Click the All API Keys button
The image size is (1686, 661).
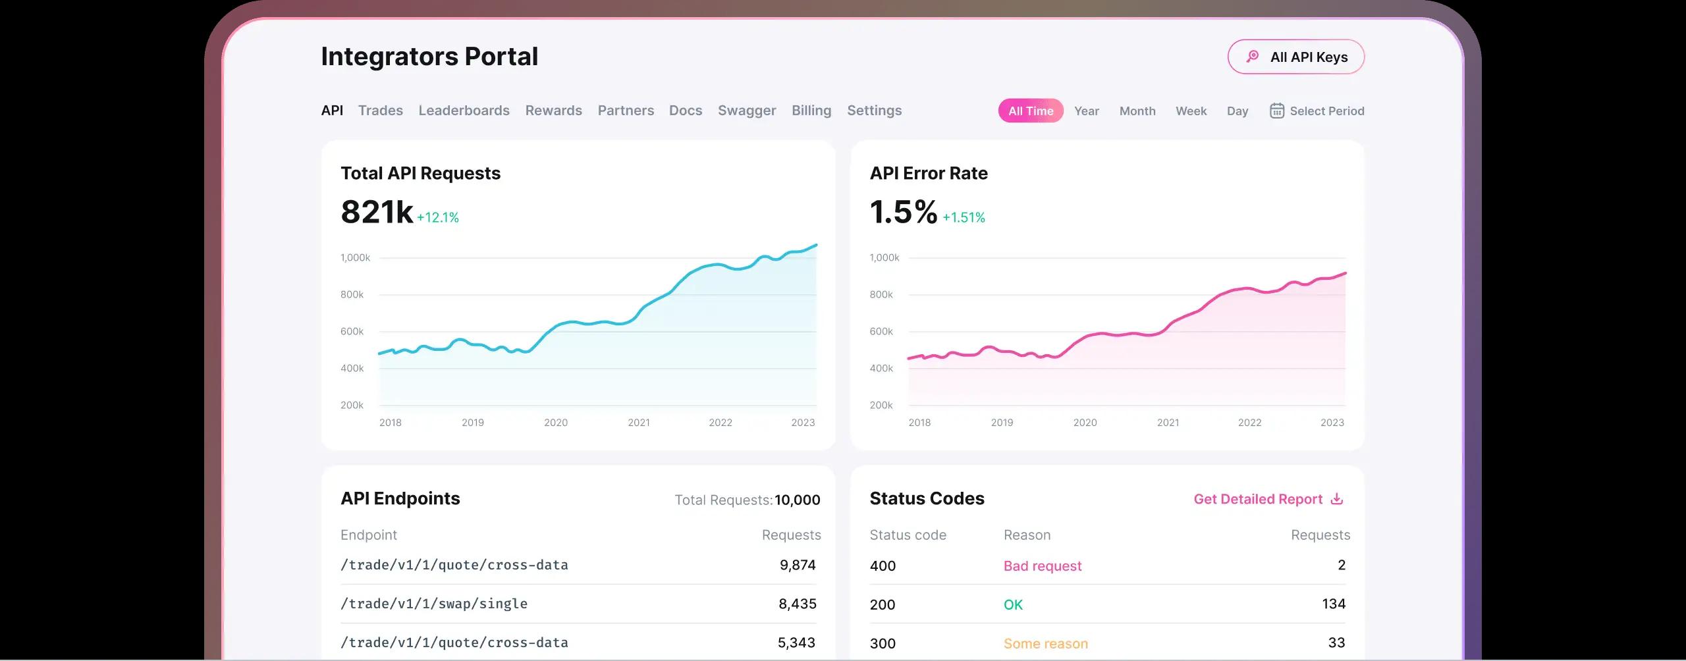click(x=1295, y=57)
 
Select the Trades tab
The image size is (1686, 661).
click(x=380, y=111)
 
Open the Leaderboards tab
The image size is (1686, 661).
click(x=464, y=111)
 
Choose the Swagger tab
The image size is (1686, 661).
click(x=746, y=111)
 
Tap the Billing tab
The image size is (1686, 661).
click(x=811, y=111)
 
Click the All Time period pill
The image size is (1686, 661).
click(x=1030, y=111)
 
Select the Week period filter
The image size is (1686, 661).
click(x=1191, y=111)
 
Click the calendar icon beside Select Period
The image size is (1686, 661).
click(x=1276, y=111)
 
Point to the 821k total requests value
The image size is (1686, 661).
click(x=377, y=212)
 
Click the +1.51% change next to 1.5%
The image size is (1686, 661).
click(x=964, y=217)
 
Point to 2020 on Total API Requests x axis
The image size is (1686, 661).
click(x=555, y=423)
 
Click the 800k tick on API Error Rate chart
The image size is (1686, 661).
click(x=881, y=295)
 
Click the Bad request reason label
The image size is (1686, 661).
click(x=1042, y=566)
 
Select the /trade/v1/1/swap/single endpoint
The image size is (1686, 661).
click(x=434, y=604)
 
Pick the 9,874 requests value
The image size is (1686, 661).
click(x=797, y=565)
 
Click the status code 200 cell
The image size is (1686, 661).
click(x=882, y=605)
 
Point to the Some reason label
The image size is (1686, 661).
click(x=1045, y=644)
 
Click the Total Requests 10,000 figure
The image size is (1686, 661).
click(x=797, y=500)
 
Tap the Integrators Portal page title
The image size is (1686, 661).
click(x=429, y=57)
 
